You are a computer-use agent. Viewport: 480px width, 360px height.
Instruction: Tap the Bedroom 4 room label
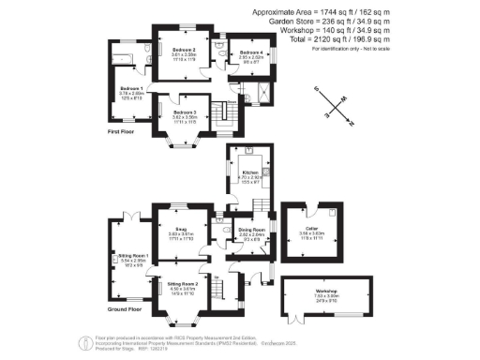point(250,52)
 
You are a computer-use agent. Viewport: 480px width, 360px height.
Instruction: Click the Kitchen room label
point(250,173)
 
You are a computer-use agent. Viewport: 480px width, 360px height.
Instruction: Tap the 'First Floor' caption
point(124,132)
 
